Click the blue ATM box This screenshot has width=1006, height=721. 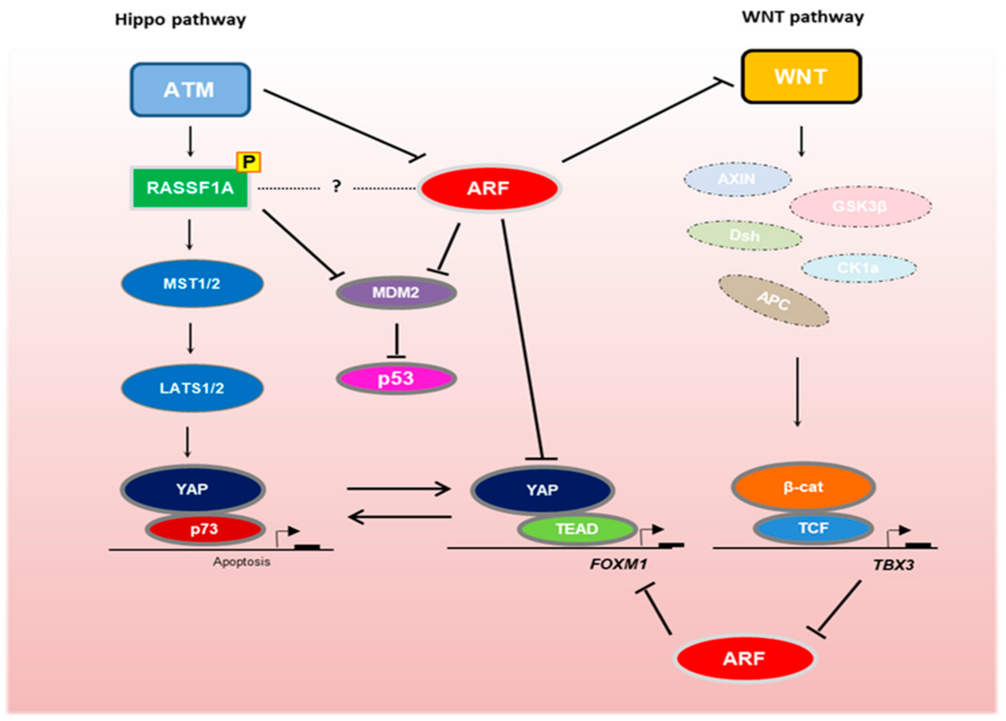coord(190,90)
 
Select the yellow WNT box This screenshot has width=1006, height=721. coord(801,77)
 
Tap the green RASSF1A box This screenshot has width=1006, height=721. coord(190,188)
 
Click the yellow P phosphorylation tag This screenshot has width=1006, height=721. coord(248,162)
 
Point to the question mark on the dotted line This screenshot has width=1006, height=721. coord(336,186)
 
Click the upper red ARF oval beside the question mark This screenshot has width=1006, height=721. coord(488,188)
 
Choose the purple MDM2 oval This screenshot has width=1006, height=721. coord(396,293)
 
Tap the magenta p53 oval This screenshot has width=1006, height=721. coord(396,378)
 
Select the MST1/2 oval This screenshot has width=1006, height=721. coord(192,284)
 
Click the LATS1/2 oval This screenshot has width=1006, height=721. coord(192,388)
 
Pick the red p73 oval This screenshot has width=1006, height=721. coord(204,529)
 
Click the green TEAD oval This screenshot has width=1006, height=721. coord(577,529)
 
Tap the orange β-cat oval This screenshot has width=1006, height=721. coord(803,487)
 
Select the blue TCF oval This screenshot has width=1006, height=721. coord(813,528)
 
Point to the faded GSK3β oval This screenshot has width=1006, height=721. coord(860,206)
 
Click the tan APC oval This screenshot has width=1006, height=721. coord(773,301)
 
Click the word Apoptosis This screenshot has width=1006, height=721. coord(241,562)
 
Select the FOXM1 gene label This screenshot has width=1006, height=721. coord(618,565)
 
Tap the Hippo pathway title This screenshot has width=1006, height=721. coord(180,20)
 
